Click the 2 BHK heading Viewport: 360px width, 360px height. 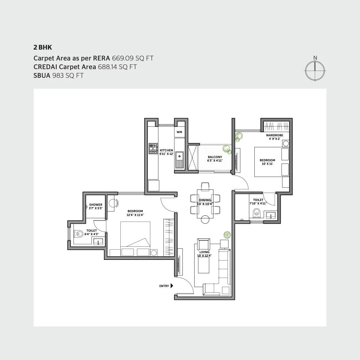43,48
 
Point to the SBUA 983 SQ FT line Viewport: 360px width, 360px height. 59,76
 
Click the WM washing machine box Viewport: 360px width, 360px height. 179,132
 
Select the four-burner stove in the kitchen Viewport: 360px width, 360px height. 153,148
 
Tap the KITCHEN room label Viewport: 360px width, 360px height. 166,150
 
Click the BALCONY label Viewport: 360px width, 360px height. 215,157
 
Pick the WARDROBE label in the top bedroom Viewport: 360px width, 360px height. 275,135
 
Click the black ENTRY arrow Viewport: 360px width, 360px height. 172,286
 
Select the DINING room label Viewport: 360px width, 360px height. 205,200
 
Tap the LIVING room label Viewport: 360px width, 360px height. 204,252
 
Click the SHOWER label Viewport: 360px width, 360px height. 96,205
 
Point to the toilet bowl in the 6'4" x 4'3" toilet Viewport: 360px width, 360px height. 78,234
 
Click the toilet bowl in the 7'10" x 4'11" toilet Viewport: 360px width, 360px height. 256,213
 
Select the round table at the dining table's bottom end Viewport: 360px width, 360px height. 205,220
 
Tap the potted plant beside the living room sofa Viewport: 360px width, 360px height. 227,235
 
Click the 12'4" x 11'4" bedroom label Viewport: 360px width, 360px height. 135,211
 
